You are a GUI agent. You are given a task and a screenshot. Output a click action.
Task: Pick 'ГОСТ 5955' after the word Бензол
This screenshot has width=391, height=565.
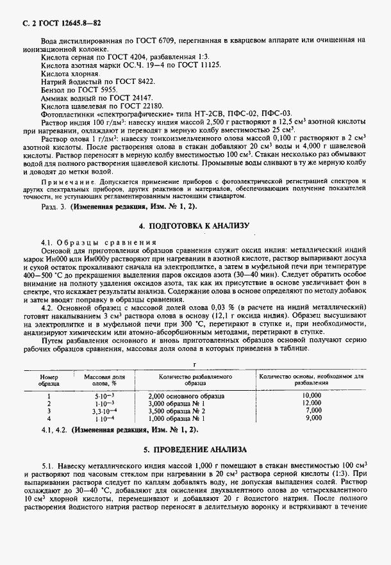pos(94,90)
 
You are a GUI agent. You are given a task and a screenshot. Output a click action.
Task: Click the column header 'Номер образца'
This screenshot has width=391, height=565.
pos(49,380)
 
